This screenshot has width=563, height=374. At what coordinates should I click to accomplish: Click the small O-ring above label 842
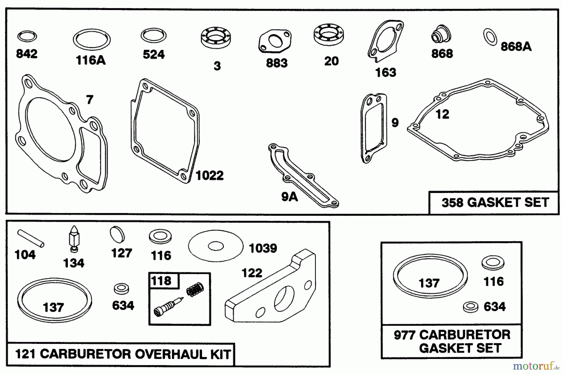(x=27, y=37)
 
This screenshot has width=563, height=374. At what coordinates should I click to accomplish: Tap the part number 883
(x=276, y=63)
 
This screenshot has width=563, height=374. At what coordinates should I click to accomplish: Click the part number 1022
(x=210, y=175)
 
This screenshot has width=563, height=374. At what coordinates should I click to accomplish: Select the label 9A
(x=289, y=197)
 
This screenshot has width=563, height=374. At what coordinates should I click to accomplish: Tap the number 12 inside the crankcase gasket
(x=442, y=114)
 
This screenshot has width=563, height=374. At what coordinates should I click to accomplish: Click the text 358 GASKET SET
(x=495, y=202)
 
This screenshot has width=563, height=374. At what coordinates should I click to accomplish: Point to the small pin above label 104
(x=31, y=238)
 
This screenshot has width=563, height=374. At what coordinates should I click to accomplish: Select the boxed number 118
(x=161, y=281)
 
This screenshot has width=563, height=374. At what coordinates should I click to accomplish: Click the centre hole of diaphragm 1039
(x=216, y=246)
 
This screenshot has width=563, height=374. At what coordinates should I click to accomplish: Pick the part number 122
(x=252, y=273)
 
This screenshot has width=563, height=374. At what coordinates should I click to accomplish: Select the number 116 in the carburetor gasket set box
(x=494, y=281)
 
